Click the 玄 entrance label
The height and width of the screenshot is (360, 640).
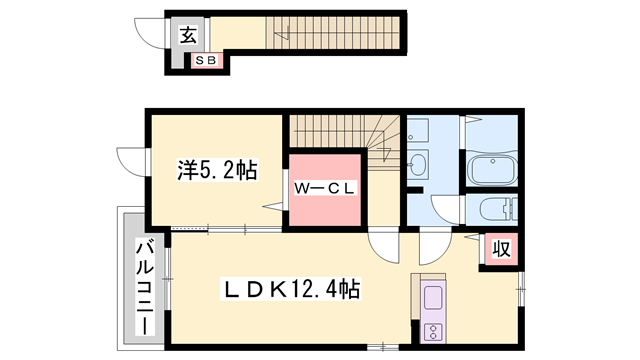pos(188,36)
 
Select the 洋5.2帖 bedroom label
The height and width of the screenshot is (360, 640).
pos(216,171)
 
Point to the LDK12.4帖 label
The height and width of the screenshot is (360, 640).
pos(290,291)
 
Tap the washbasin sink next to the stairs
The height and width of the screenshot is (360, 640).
pos(417,164)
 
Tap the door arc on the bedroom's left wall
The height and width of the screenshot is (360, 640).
pos(130,161)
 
